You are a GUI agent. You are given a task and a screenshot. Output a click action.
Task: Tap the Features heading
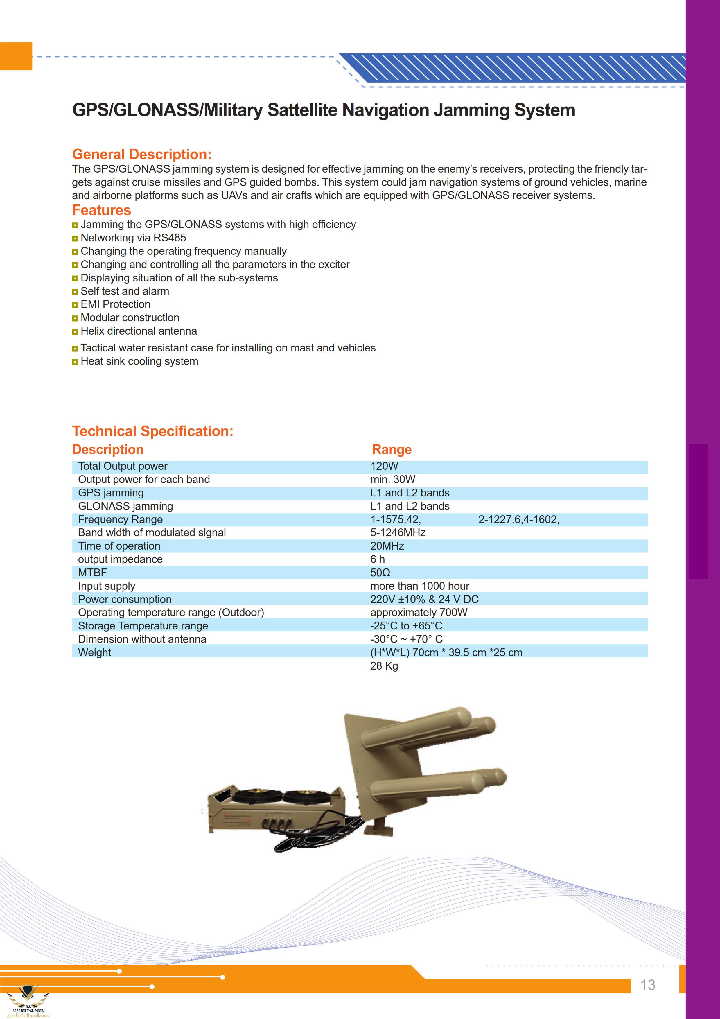102,210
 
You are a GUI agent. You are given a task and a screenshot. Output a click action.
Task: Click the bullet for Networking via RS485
75,238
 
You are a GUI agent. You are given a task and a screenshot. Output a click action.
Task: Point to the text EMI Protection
115,304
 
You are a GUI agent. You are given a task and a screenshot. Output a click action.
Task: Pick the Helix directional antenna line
139,331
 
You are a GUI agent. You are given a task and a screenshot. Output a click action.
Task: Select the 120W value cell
384,466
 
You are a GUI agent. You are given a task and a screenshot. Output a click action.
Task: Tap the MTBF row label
92,573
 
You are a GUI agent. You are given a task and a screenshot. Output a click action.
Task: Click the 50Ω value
380,573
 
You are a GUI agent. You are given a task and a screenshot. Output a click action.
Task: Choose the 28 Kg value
384,666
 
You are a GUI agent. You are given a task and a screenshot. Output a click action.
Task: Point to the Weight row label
94,652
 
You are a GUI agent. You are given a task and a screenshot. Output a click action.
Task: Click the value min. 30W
393,479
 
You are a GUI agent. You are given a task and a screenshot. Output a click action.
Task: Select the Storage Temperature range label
143,626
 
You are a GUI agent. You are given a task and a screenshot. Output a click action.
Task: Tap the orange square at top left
16,56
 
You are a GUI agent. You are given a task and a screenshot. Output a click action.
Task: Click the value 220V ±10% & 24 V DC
424,599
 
